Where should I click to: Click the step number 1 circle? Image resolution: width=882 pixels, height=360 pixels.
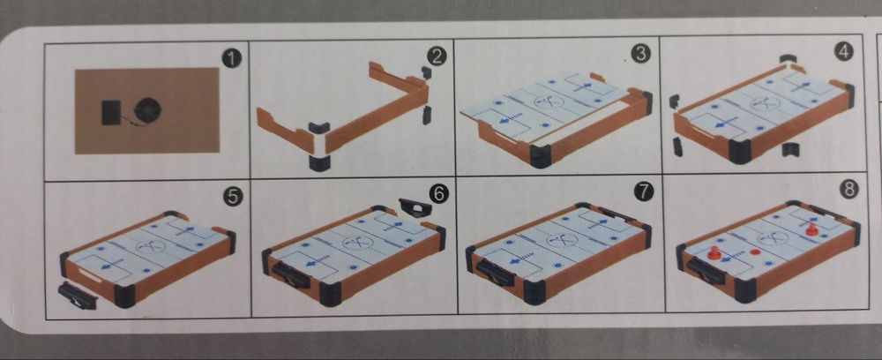[x=231, y=58]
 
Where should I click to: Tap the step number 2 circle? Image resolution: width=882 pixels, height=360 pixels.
[x=437, y=56]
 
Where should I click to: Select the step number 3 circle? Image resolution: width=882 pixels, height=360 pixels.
[x=640, y=54]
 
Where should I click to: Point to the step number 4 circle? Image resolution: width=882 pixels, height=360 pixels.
[x=844, y=52]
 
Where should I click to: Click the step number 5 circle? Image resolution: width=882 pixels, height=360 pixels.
[x=234, y=198]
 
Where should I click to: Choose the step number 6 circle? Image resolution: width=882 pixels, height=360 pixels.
[x=438, y=194]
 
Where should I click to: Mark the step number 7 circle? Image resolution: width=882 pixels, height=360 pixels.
[x=644, y=191]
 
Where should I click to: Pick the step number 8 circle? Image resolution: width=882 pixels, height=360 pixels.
[x=848, y=190]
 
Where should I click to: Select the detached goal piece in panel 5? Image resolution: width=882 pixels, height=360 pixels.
[x=78, y=296]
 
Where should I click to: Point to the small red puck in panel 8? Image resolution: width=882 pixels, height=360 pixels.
[x=753, y=251]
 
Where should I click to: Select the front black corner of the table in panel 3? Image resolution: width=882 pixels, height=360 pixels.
[x=540, y=156]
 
